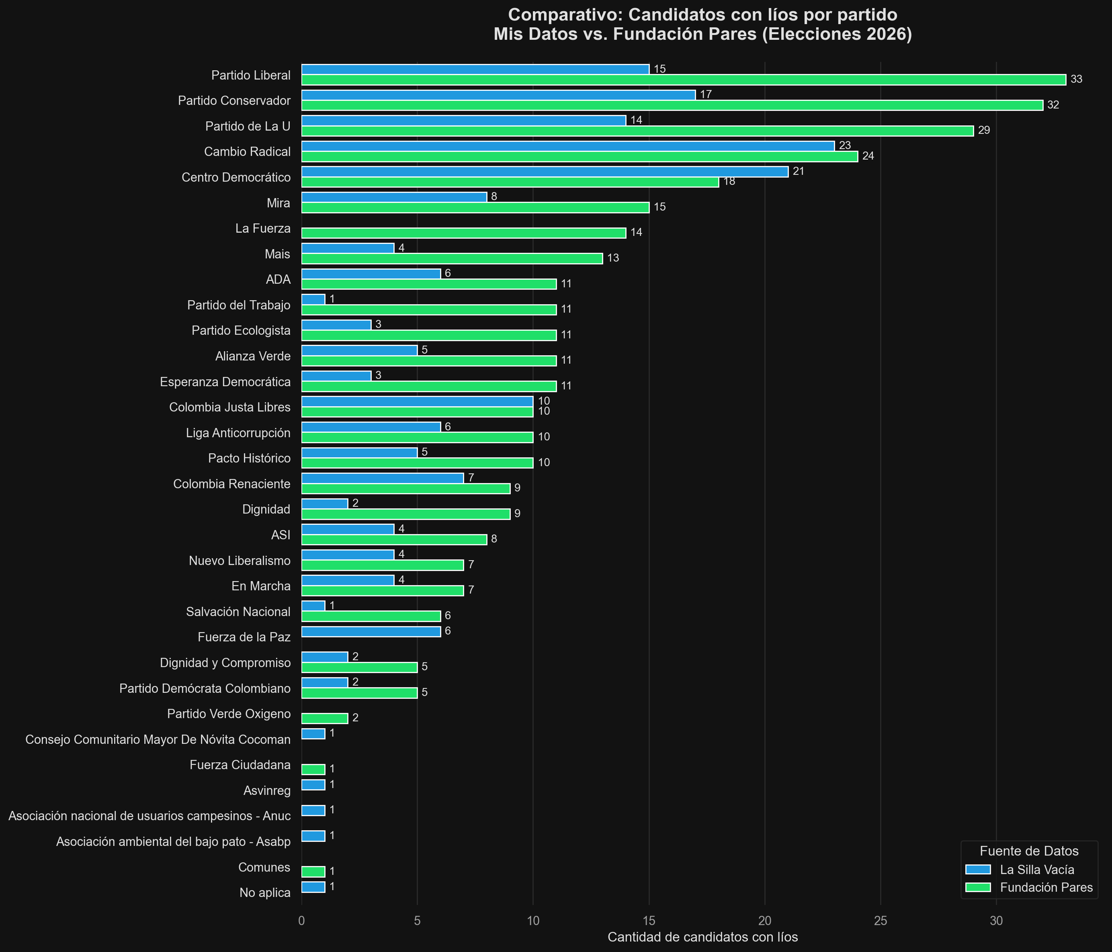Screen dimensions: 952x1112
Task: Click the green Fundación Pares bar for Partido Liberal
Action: click(683, 80)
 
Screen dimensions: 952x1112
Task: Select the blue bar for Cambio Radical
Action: click(568, 146)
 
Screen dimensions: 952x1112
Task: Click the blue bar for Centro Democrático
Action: click(545, 172)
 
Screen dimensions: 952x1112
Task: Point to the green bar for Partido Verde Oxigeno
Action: click(325, 719)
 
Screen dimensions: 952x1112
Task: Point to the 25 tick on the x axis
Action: click(881, 921)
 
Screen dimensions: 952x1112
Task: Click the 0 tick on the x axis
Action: click(302, 921)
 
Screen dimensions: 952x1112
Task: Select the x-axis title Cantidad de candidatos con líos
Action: click(702, 937)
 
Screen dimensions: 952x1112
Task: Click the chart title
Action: click(702, 25)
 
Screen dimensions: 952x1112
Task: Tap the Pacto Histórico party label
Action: click(250, 458)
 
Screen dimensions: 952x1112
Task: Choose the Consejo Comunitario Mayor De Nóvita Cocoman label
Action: click(158, 739)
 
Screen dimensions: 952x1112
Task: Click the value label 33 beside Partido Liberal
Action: click(1076, 80)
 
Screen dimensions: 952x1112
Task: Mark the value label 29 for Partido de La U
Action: click(984, 131)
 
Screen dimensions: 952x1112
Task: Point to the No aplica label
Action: click(265, 893)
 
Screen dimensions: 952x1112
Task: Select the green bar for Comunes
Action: click(313, 872)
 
